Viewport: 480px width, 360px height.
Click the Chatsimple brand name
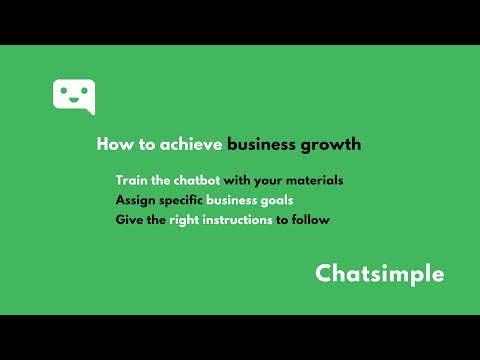tap(380, 274)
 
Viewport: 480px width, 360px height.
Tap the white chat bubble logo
tap(73, 96)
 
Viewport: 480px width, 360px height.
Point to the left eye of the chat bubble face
tap(65, 91)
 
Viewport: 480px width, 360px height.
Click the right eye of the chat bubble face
tap(81, 91)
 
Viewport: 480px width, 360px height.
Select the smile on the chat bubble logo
tap(73, 99)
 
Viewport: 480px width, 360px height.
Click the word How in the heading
tap(110, 144)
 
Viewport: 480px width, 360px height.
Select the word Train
tap(132, 181)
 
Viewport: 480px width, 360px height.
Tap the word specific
tap(181, 200)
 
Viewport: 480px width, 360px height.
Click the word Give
tap(129, 219)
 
